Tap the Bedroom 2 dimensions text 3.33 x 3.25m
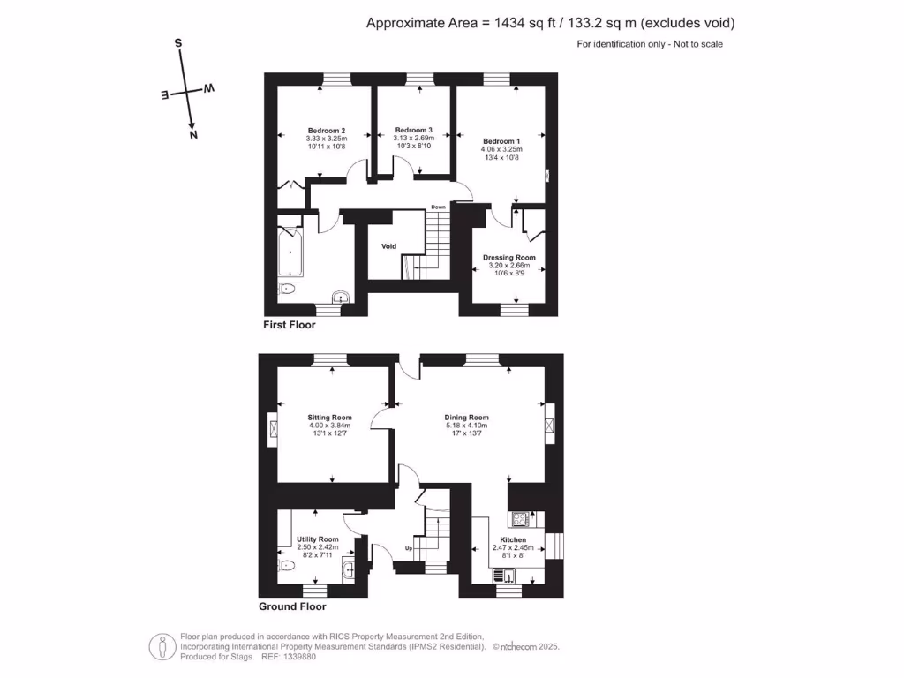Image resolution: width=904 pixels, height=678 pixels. [x=327, y=139]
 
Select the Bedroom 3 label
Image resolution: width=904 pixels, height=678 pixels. [x=413, y=130]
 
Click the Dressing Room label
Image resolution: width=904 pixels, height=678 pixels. [x=509, y=258]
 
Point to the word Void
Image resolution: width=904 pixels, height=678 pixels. [x=388, y=246]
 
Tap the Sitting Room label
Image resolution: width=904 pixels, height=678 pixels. [x=330, y=418]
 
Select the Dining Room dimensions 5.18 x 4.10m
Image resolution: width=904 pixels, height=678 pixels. [x=466, y=426]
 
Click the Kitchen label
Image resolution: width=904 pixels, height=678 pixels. [x=513, y=539]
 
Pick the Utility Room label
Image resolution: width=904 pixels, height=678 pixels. [x=317, y=539]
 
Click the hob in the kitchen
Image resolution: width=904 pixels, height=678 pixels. [x=519, y=519]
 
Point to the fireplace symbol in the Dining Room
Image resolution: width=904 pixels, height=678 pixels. [x=550, y=426]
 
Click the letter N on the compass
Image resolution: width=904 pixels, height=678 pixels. [x=193, y=135]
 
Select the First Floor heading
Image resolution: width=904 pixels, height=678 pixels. [x=289, y=325]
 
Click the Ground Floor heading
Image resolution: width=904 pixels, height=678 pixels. [x=292, y=606]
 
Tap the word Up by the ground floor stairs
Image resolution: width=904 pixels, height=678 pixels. [x=408, y=548]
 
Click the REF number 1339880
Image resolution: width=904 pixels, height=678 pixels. [x=298, y=657]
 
